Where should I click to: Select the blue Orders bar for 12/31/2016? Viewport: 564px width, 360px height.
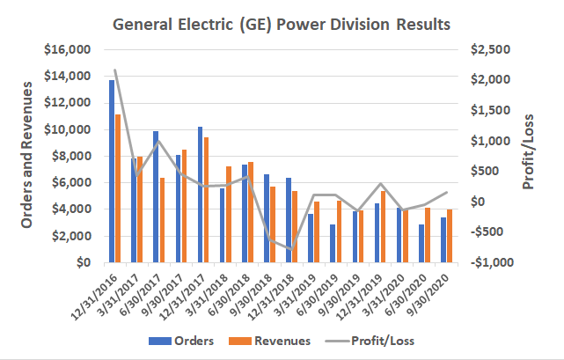click(112, 172)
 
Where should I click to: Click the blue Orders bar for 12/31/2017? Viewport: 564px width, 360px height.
click(201, 195)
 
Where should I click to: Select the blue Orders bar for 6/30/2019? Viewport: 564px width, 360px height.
click(333, 243)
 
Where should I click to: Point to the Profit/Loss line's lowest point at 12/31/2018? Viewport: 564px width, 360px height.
click(290, 250)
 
